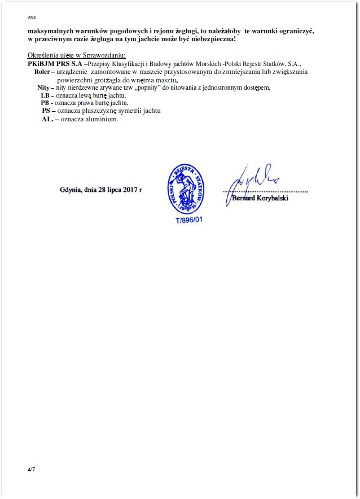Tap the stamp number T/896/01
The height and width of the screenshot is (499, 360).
coord(188,219)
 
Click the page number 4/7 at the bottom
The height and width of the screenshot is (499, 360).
coord(30,470)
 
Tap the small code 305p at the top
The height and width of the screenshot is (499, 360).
coord(31,18)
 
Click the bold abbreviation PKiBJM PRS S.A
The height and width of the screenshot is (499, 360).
coord(54,65)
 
